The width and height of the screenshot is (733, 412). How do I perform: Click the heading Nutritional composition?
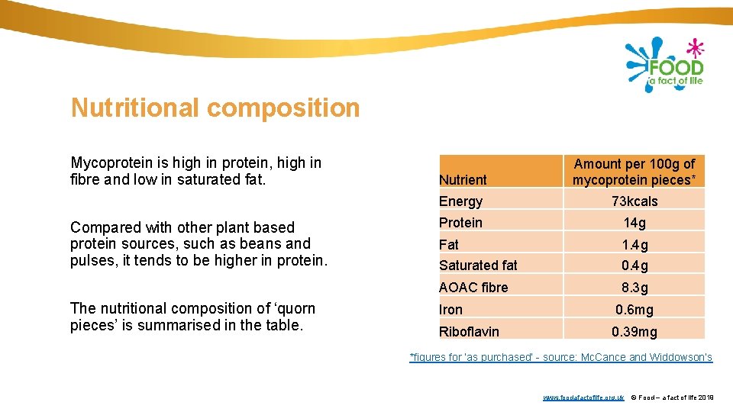pyautogui.click(x=215, y=108)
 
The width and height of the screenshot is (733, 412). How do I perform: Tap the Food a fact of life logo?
pyautogui.click(x=664, y=65)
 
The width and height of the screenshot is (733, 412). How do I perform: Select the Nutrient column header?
pyautogui.click(x=463, y=179)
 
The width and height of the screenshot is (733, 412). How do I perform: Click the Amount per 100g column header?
pyautogui.click(x=634, y=172)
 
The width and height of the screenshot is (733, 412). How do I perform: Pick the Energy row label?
pyautogui.click(x=460, y=201)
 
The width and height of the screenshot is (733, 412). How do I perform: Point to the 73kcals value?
pyautogui.click(x=634, y=201)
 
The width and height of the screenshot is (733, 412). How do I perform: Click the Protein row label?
pyautogui.click(x=460, y=223)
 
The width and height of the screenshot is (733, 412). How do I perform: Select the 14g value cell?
pyautogui.click(x=634, y=223)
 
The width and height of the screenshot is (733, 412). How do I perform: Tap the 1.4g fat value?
pyautogui.click(x=634, y=245)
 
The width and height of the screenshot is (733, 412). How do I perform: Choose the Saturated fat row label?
pyautogui.click(x=478, y=266)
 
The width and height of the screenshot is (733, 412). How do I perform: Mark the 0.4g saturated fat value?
pyautogui.click(x=634, y=266)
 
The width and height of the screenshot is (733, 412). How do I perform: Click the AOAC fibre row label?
pyautogui.click(x=473, y=288)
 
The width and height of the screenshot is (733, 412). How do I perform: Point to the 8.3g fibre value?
pyautogui.click(x=634, y=288)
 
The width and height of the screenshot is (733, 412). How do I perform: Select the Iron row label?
pyautogui.click(x=450, y=310)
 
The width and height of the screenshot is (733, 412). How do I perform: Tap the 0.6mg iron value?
pyautogui.click(x=634, y=310)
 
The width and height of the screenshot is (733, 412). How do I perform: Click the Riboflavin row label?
pyautogui.click(x=469, y=332)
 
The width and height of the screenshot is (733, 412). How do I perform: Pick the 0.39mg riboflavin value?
pyautogui.click(x=634, y=332)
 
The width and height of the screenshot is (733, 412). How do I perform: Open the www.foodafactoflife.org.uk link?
pyautogui.click(x=583, y=398)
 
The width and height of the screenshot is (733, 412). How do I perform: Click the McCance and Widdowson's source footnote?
pyautogui.click(x=560, y=357)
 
